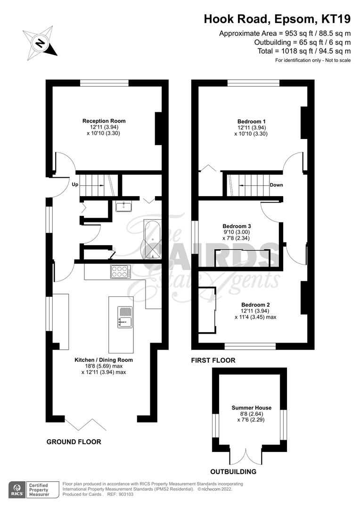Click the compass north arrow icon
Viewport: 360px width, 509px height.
[40, 43]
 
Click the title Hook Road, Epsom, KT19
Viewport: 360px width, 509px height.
[277, 19]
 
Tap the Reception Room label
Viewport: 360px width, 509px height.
[104, 121]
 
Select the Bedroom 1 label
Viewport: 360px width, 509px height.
[251, 121]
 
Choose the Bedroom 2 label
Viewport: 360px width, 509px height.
[255, 304]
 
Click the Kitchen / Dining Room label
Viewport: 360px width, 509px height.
[104, 360]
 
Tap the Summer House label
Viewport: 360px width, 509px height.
[251, 407]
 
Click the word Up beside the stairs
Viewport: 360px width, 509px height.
[75, 185]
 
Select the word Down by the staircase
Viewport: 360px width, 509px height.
[276, 185]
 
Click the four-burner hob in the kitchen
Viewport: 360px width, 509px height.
[120, 271]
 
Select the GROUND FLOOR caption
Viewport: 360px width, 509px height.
[74, 442]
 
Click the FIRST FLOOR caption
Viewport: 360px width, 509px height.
[213, 360]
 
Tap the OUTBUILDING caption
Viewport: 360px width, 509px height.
[233, 471]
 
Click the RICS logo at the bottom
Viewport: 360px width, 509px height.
[18, 490]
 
